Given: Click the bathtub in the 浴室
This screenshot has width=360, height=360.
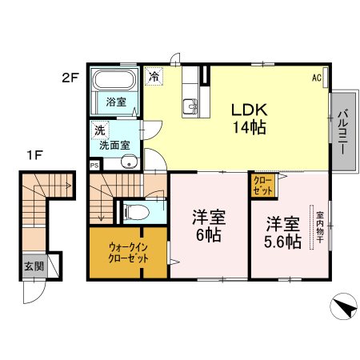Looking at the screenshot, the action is click(x=115, y=79).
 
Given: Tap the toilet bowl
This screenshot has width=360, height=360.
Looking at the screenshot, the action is click(x=137, y=212).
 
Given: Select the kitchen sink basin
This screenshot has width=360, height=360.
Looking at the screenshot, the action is click(x=190, y=106).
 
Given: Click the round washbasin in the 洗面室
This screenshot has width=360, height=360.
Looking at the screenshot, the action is click(x=129, y=162).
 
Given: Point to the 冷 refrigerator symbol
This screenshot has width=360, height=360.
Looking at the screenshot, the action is click(x=154, y=76).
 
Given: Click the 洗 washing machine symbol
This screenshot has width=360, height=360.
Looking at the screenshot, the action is click(x=100, y=130).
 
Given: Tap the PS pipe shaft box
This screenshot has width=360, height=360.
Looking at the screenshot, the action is click(x=94, y=166).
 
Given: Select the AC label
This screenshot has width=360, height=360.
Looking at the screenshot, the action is click(x=317, y=78).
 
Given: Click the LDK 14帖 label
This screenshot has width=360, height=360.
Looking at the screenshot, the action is click(x=250, y=118).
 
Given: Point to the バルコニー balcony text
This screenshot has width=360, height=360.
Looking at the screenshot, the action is click(x=343, y=132).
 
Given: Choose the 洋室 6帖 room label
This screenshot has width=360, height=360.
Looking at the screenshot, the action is click(x=209, y=226).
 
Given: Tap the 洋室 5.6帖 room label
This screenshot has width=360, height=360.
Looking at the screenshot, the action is click(x=282, y=233).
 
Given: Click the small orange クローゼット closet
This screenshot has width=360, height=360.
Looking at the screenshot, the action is click(x=263, y=186).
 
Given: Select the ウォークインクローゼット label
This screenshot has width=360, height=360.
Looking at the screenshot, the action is click(x=128, y=253).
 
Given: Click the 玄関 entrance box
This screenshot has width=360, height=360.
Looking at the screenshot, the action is click(x=34, y=266).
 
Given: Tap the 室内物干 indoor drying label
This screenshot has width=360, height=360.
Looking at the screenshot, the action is click(x=320, y=227).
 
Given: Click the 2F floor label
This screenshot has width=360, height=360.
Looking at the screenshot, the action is click(x=70, y=78).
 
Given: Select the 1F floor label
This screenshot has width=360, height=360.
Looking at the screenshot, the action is click(x=35, y=155).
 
